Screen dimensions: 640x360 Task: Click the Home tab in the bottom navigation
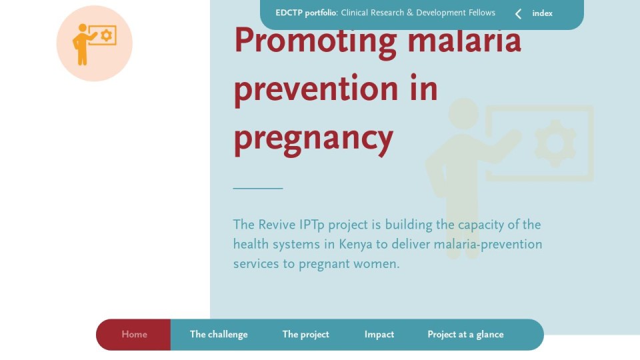click(134, 334)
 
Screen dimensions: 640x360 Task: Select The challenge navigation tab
click(219, 334)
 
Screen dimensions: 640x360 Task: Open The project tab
click(306, 334)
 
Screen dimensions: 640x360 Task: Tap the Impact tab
click(379, 334)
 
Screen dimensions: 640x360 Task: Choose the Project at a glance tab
click(466, 334)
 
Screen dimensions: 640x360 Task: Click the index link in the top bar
click(543, 13)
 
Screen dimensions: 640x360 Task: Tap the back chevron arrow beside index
click(519, 14)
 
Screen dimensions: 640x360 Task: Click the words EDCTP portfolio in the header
click(306, 13)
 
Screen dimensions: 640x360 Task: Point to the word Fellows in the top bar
click(481, 13)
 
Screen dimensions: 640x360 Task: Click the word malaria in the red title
click(465, 40)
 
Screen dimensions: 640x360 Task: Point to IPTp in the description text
click(312, 225)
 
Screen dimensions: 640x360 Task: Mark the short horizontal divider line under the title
click(258, 188)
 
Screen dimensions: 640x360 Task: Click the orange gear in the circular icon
click(107, 35)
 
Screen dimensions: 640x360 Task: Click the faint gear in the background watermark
click(555, 143)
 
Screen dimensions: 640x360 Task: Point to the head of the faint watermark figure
click(464, 113)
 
